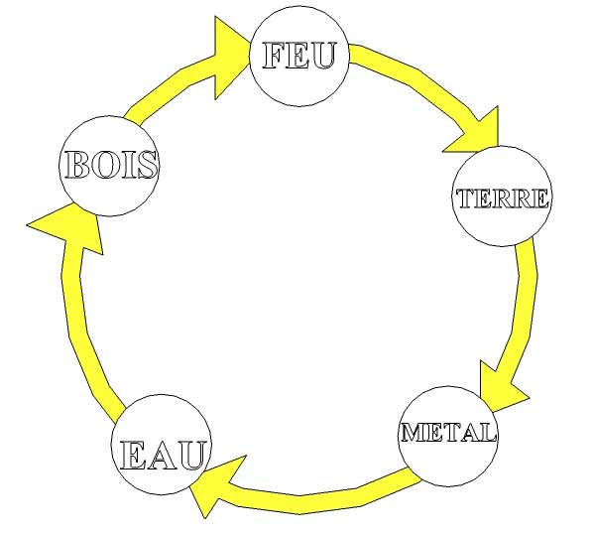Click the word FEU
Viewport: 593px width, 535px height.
(299, 56)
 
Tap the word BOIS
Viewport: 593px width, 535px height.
(110, 165)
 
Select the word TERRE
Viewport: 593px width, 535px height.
(503, 199)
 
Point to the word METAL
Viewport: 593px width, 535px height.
(448, 433)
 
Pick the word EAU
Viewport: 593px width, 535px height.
(164, 455)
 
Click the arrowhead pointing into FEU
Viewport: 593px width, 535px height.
(231, 58)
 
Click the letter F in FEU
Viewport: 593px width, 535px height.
(274, 56)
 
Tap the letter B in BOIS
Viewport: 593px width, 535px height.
(76, 165)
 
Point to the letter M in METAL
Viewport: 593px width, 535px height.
(415, 432)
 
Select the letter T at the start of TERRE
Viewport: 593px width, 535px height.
(466, 199)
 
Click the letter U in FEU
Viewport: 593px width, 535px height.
(322, 56)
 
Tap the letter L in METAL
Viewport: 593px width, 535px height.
(487, 433)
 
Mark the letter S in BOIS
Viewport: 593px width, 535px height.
(147, 165)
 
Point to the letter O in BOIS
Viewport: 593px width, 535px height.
(102, 165)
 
